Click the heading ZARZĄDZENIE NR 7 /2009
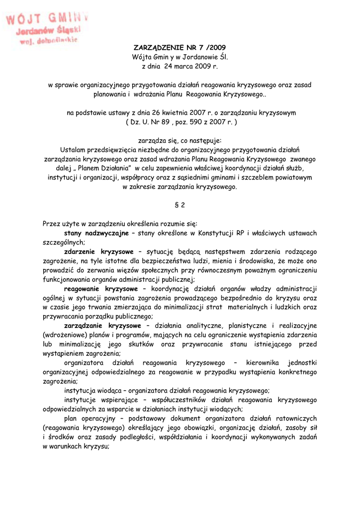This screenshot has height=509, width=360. point(180,48)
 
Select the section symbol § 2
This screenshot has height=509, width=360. point(180,205)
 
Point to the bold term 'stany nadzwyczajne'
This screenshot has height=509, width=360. point(96,233)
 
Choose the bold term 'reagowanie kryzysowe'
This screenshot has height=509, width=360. point(101,288)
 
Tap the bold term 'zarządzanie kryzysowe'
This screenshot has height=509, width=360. point(102,326)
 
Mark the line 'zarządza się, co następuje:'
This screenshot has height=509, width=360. point(180,140)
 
